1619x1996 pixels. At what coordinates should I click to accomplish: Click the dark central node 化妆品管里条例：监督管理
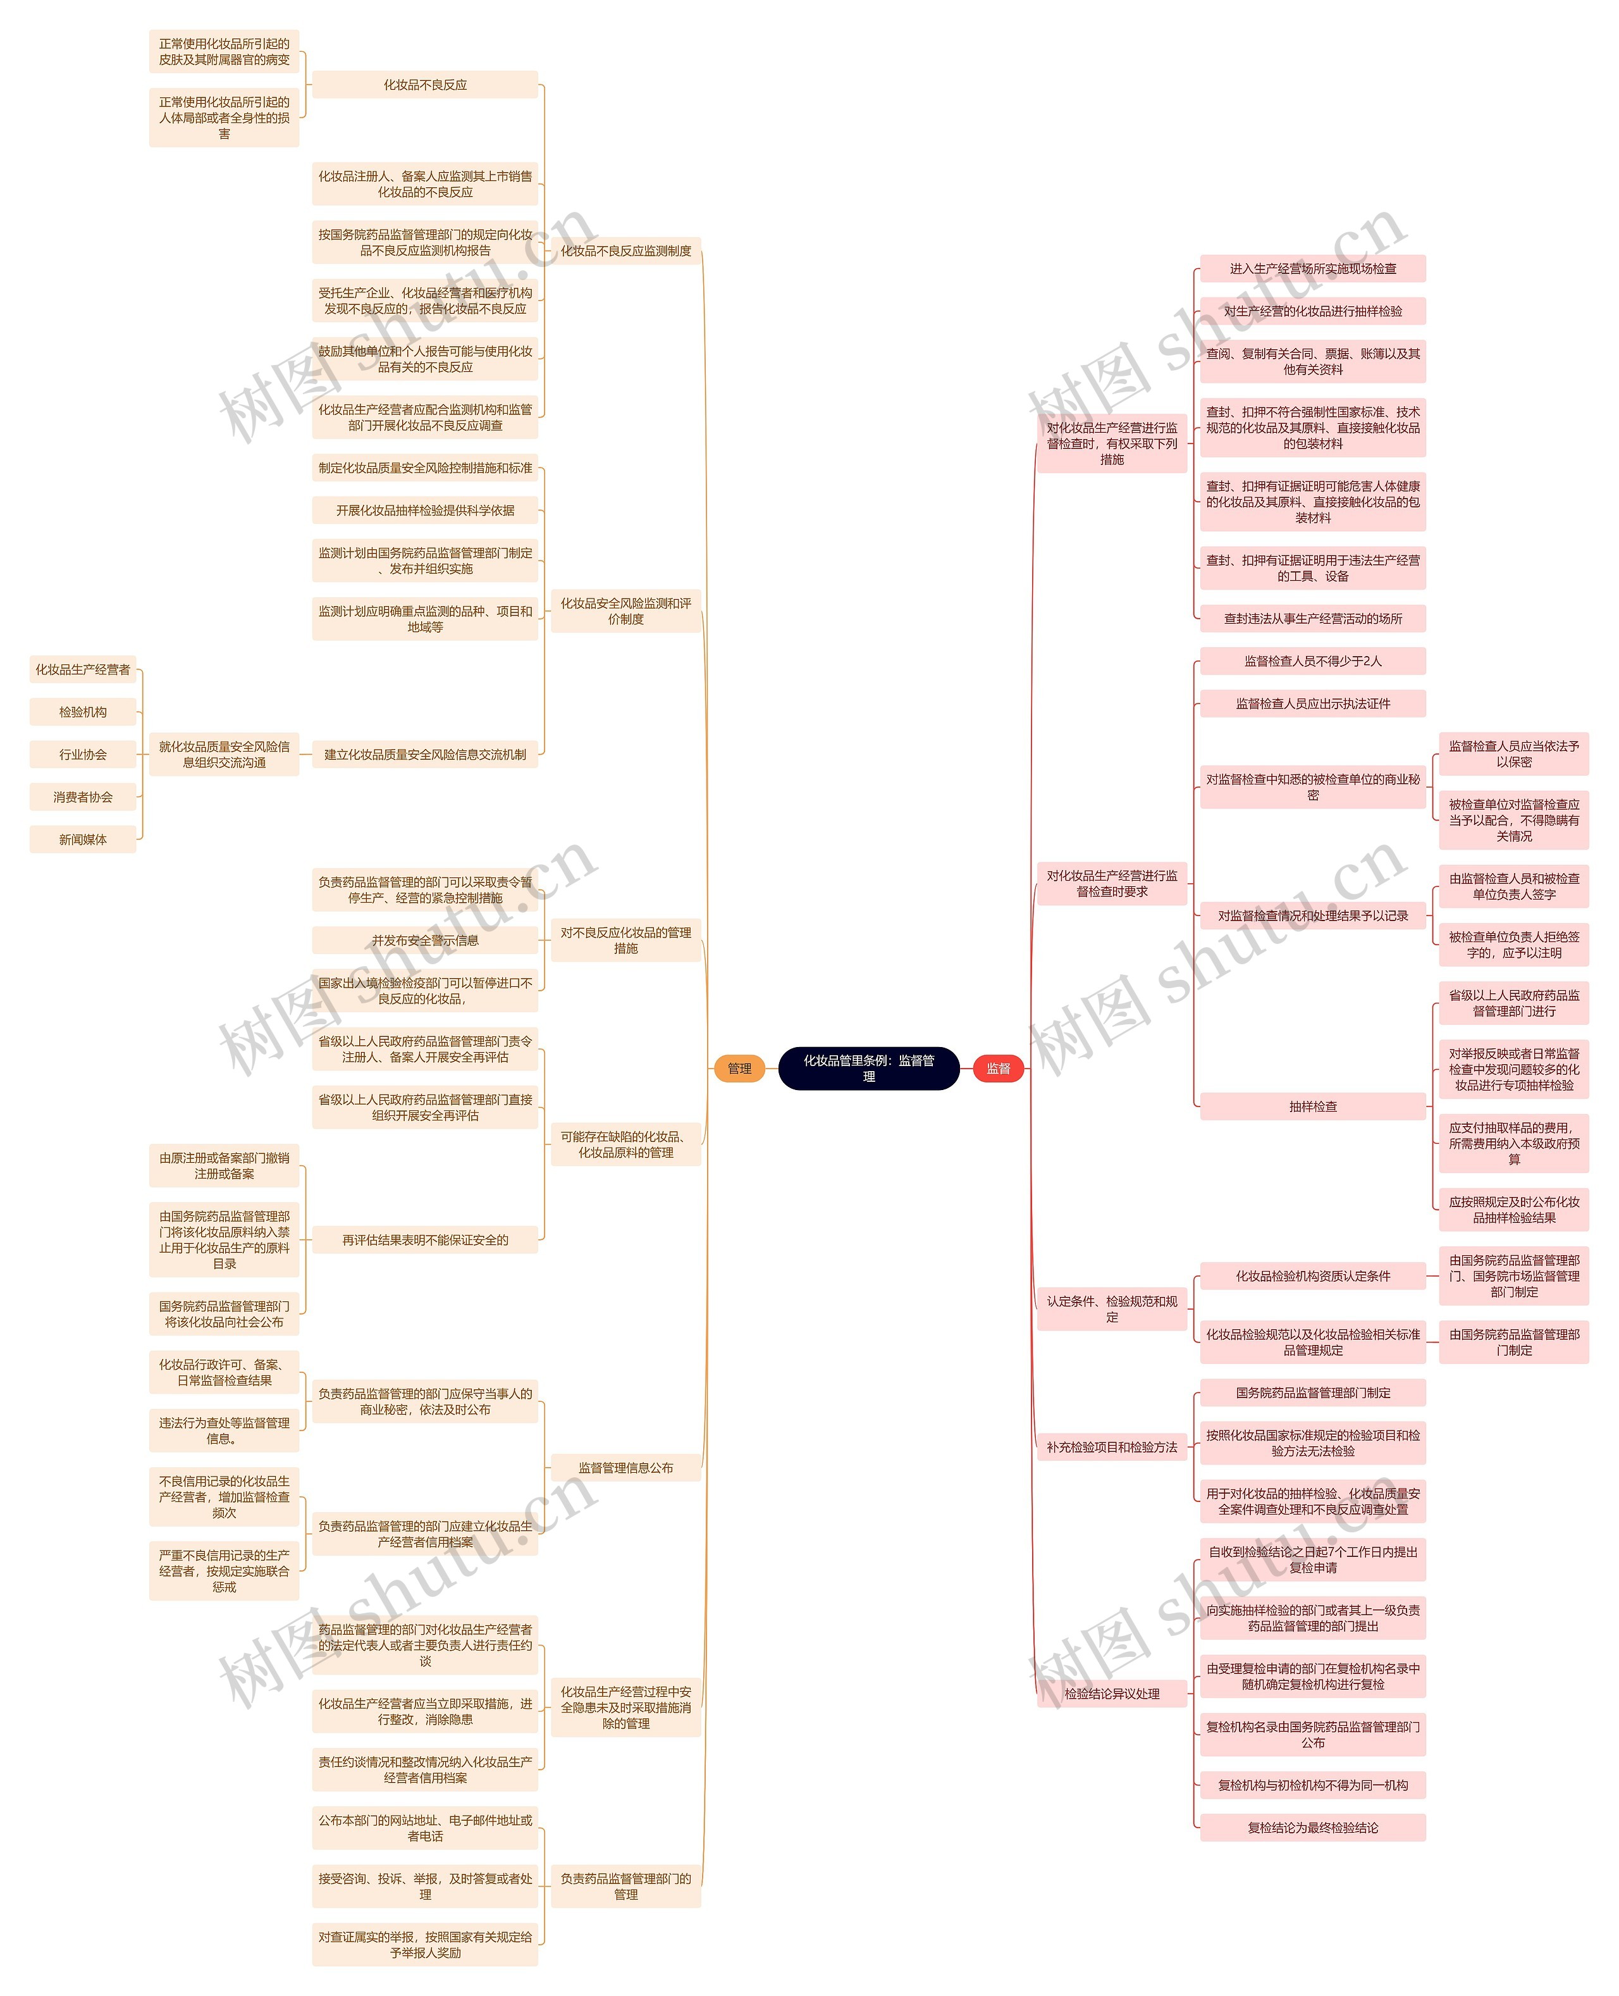pyautogui.click(x=868, y=1068)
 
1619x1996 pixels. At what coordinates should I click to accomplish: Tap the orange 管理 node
pyautogui.click(x=739, y=1068)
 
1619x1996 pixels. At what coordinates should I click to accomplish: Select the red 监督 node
pyautogui.click(x=998, y=1068)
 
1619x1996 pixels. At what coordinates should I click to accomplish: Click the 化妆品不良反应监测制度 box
pyautogui.click(x=625, y=251)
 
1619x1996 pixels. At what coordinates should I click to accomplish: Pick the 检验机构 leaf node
pyautogui.click(x=83, y=712)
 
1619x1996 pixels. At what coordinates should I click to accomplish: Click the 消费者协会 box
pyautogui.click(x=83, y=797)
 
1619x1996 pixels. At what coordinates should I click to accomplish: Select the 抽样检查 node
pyautogui.click(x=1312, y=1106)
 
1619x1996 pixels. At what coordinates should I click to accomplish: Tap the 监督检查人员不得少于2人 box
pyautogui.click(x=1312, y=661)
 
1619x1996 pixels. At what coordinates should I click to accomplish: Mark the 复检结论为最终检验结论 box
pyautogui.click(x=1312, y=1827)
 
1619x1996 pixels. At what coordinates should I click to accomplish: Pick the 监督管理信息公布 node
pyautogui.click(x=625, y=1467)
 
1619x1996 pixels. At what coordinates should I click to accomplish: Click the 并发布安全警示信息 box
pyautogui.click(x=425, y=940)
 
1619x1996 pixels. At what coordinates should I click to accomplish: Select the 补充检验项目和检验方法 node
pyautogui.click(x=1112, y=1447)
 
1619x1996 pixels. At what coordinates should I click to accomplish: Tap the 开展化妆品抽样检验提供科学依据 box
pyautogui.click(x=425, y=510)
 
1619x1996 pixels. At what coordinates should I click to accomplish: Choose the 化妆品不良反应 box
pyautogui.click(x=425, y=85)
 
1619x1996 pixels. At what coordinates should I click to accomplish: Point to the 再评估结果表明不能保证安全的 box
pyautogui.click(x=425, y=1239)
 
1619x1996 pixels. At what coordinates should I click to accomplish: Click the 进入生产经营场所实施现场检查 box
pyautogui.click(x=1312, y=269)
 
